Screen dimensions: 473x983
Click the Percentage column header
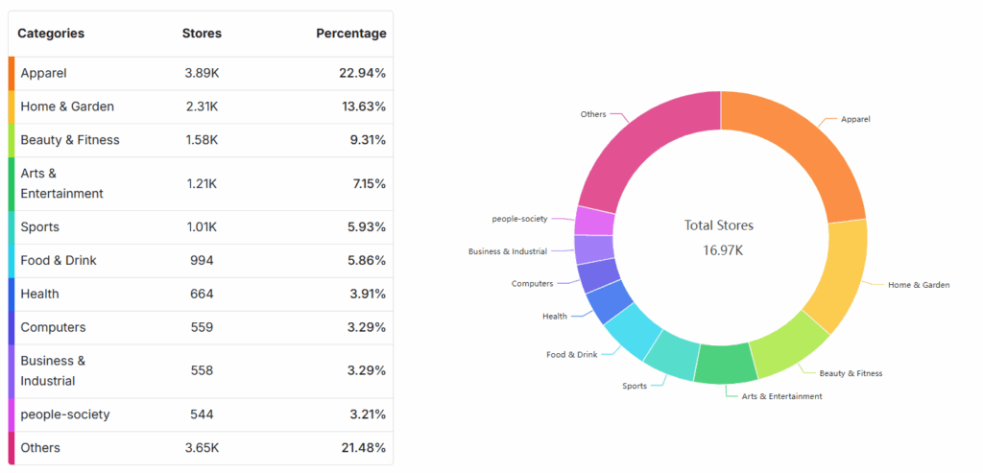pyautogui.click(x=351, y=34)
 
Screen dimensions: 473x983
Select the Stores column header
pyautogui.click(x=202, y=34)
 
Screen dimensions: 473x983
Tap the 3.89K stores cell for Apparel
pyautogui.click(x=202, y=73)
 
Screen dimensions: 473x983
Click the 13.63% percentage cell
pyautogui.click(x=364, y=106)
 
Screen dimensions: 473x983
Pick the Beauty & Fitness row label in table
pyautogui.click(x=70, y=140)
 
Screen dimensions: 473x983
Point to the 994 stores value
pyautogui.click(x=202, y=261)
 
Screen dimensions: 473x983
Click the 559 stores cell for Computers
pyautogui.click(x=202, y=327)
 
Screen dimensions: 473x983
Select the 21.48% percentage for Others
pyautogui.click(x=364, y=448)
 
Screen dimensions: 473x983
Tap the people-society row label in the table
pyautogui.click(x=65, y=414)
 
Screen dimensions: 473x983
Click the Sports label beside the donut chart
pyautogui.click(x=635, y=387)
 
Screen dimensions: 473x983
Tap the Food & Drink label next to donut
pyautogui.click(x=572, y=355)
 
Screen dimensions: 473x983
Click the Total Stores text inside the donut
pyautogui.click(x=719, y=225)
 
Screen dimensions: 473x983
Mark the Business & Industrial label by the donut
pyautogui.click(x=508, y=251)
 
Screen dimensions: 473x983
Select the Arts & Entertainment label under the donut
pyautogui.click(x=781, y=396)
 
